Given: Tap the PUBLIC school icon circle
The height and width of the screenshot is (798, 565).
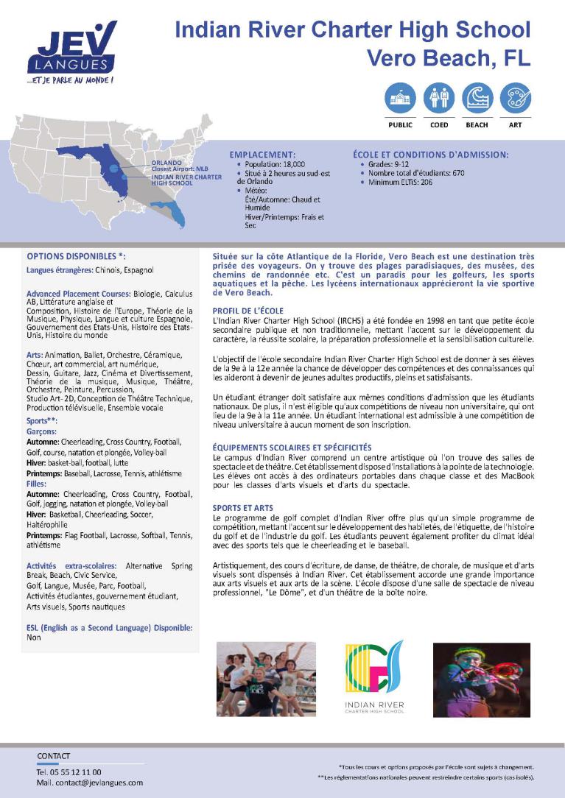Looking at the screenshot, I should point(400,98).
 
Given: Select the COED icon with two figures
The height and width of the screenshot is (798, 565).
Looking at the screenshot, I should point(439,98).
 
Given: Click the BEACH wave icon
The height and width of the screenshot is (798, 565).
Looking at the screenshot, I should point(477,98).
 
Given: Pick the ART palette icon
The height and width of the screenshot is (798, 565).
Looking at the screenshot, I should point(516,98).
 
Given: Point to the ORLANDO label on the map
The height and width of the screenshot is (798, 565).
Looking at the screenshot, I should point(166,162).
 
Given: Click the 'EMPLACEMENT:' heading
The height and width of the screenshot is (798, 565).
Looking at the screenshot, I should point(263,155).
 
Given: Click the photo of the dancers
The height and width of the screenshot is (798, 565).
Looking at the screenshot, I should point(266,679).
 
